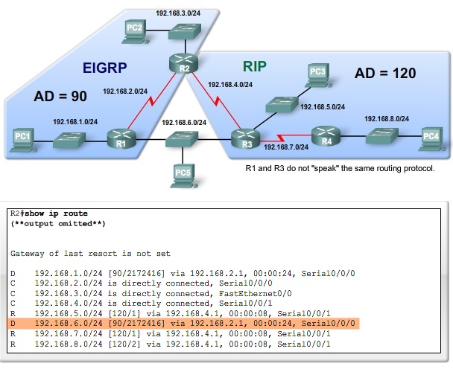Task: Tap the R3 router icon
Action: point(242,138)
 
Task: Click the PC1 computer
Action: point(23,138)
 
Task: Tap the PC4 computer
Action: point(430,138)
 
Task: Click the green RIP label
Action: point(254,66)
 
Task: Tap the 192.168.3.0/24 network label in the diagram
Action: point(178,13)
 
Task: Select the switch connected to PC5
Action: point(180,138)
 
